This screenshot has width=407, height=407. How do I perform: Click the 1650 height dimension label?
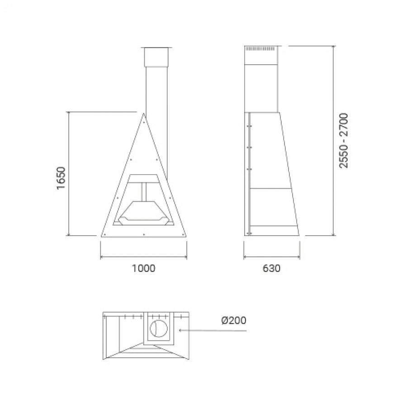(61, 178)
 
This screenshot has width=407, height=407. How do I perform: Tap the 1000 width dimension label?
(143, 268)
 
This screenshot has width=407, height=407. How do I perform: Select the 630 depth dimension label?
(271, 268)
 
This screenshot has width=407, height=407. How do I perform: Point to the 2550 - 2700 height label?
(344, 141)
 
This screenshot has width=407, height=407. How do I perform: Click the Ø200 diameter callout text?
(234, 320)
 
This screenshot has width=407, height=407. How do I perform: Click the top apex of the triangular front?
(143, 114)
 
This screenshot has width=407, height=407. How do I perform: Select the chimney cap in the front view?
(156, 57)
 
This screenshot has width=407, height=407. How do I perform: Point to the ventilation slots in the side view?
(260, 49)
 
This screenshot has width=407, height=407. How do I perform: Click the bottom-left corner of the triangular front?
(101, 237)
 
